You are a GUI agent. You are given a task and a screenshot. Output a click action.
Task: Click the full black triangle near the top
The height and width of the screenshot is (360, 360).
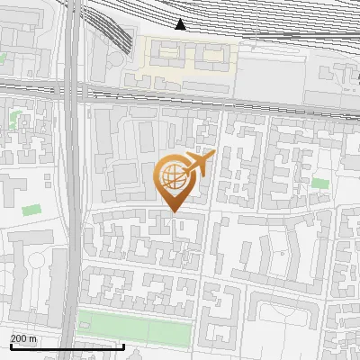[181, 23]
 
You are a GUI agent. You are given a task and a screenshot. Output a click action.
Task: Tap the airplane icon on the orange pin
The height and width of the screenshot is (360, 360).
[200, 163]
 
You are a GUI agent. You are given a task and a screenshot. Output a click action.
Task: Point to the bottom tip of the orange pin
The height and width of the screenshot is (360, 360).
[175, 211]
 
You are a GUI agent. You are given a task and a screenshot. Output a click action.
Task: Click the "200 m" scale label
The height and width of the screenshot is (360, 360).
[22, 338]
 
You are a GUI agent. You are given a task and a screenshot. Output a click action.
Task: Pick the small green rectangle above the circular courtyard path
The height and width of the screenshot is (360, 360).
[32, 210]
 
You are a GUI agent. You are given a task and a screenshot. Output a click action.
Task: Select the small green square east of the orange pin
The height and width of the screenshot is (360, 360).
[320, 184]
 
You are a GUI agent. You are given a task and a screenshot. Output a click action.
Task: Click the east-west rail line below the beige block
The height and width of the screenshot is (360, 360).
[225, 92]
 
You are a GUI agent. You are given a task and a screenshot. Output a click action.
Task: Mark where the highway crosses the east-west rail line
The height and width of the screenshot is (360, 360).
[75, 88]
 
